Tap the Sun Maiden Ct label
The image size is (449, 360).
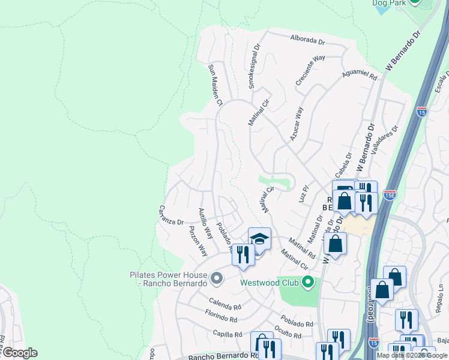click(215, 85)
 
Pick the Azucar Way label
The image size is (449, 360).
click(297, 124)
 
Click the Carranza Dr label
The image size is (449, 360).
click(170, 215)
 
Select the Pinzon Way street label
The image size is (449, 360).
click(198, 241)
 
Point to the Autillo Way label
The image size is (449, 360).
click(206, 223)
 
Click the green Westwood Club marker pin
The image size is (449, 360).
click(308, 281)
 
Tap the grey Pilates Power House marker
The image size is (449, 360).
click(217, 278)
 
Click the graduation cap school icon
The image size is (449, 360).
click(259, 239)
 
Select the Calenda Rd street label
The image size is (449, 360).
click(224, 301)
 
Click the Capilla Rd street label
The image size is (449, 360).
click(226, 334)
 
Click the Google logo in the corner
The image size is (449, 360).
click(19, 353)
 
